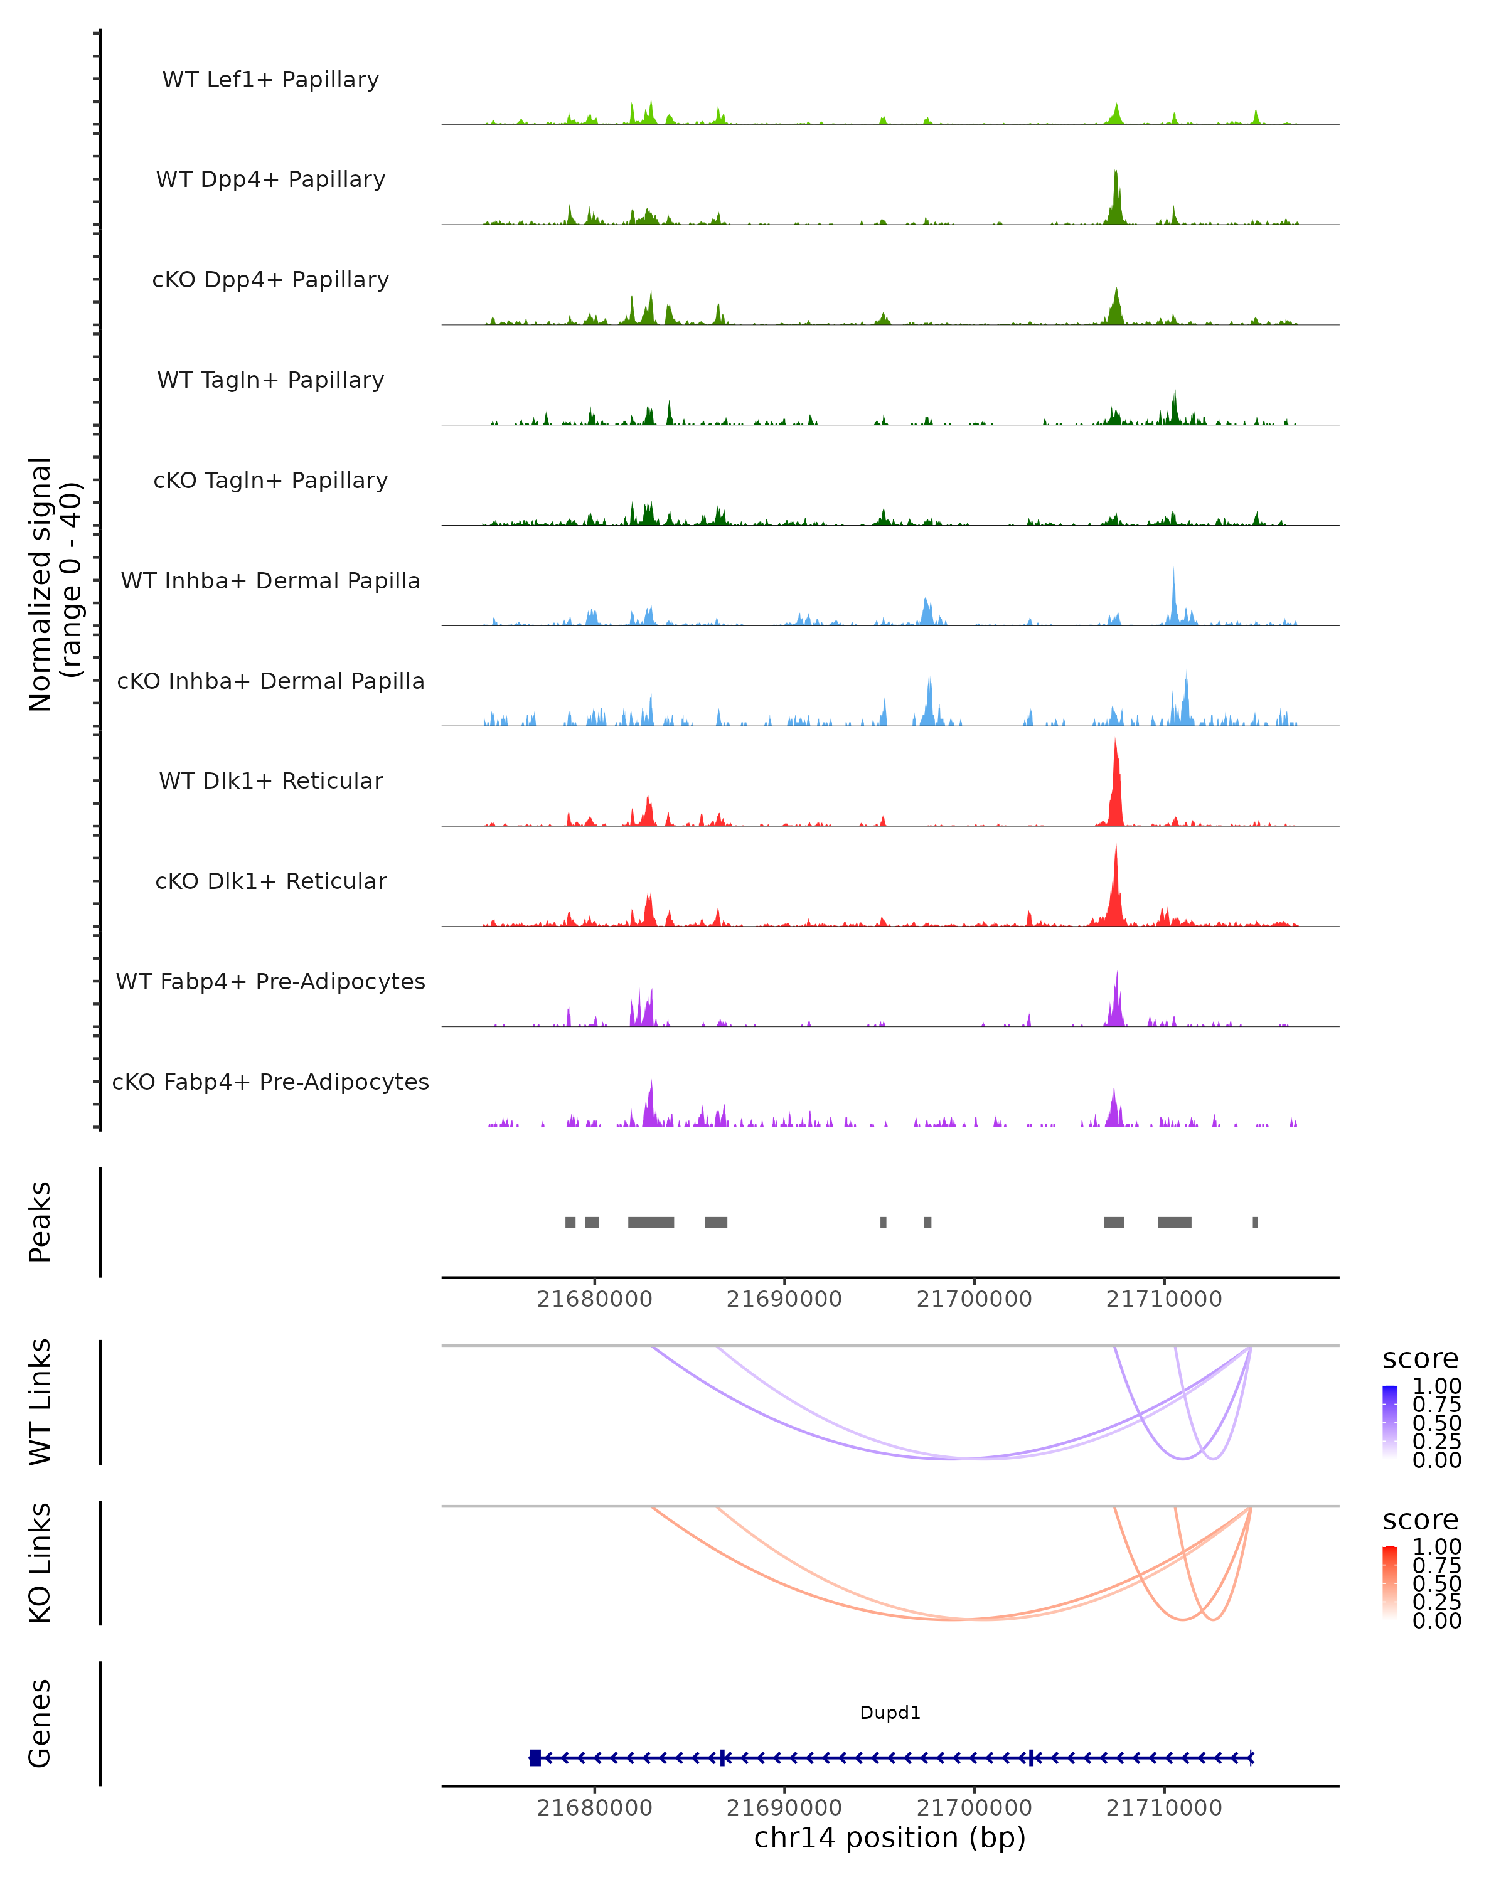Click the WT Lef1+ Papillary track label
coord(270,80)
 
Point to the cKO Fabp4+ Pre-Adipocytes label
coord(270,1082)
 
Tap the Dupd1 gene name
coord(890,1713)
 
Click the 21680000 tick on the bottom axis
coord(594,1808)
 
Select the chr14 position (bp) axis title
coord(890,1838)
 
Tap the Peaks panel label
coord(40,1222)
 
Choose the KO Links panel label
coord(40,1563)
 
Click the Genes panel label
coord(40,1723)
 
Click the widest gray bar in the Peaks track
coord(651,1222)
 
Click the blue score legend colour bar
coord(1390,1422)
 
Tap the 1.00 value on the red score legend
coord(1436,1547)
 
